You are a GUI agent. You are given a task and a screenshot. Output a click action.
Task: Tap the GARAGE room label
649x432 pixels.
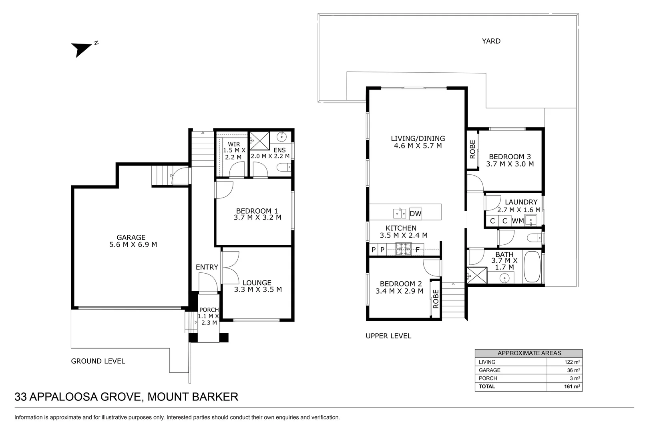tap(131, 237)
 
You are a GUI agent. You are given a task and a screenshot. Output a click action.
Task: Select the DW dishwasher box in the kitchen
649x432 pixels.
tap(415, 214)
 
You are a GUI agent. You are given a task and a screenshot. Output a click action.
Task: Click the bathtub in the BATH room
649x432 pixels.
tap(531, 267)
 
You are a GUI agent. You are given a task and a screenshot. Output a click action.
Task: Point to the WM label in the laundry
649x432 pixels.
tap(518, 221)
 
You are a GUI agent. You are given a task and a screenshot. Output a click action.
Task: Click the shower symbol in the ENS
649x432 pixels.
tap(259, 141)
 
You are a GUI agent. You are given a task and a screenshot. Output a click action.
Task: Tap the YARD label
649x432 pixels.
tap(491, 41)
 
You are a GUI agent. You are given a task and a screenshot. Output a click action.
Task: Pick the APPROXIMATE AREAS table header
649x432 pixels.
tap(528, 353)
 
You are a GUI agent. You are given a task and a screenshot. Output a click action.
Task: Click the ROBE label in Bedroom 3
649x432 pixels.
tap(472, 149)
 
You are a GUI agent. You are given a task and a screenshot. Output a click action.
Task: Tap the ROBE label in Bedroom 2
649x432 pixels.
tap(436, 298)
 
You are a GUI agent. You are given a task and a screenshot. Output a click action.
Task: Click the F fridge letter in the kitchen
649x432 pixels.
tap(417, 250)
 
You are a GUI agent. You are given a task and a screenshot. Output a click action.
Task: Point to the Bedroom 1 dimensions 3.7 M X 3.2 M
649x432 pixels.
tap(257, 218)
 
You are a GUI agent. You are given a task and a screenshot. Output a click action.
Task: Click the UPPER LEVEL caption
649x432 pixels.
tap(388, 336)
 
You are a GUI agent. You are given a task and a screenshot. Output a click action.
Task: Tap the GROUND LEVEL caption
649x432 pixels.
tap(98, 361)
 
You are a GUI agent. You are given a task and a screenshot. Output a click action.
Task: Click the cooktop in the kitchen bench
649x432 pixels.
tap(403, 250)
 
